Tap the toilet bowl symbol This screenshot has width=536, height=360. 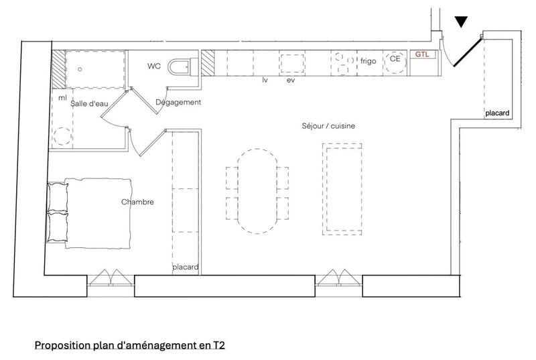click(x=180, y=66)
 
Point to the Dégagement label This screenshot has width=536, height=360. click(x=178, y=102)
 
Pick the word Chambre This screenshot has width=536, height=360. click(x=138, y=202)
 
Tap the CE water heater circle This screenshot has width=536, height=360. click(x=395, y=60)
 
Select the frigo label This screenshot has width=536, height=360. click(x=368, y=60)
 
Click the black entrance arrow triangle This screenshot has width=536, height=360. click(x=461, y=21)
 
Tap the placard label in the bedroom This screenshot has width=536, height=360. click(x=185, y=267)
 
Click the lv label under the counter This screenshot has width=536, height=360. click(x=265, y=80)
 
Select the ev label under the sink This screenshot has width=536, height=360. click(x=291, y=80)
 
